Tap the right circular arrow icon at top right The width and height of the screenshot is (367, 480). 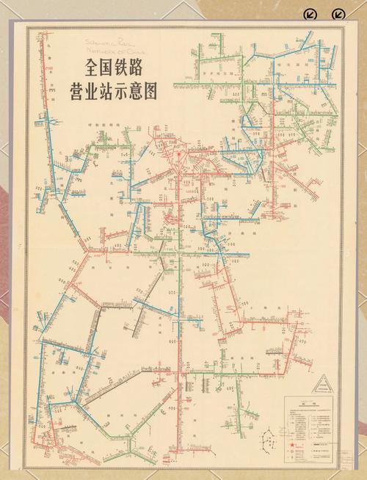(x=338, y=15)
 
